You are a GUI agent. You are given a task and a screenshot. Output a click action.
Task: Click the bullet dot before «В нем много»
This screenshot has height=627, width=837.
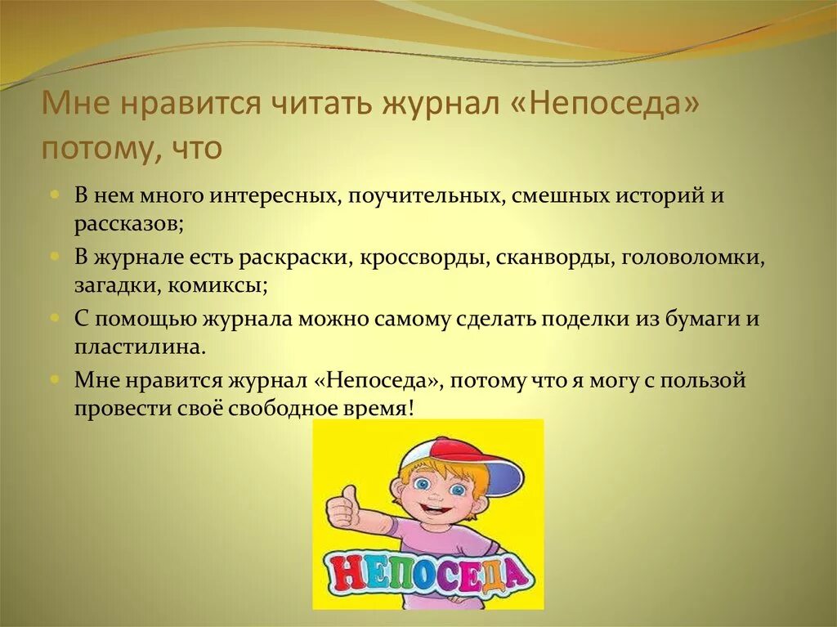click(54, 196)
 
